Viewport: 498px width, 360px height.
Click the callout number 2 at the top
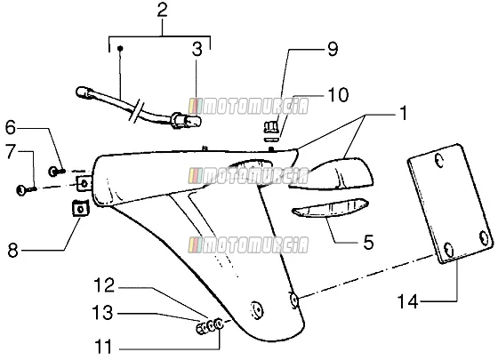162,10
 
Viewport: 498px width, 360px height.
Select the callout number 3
197,49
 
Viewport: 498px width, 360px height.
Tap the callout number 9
333,49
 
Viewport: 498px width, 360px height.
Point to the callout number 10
338,94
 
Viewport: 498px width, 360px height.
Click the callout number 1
403,114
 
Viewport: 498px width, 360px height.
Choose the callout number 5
368,243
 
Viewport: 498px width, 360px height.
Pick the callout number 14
408,301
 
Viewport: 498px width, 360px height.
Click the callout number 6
10,128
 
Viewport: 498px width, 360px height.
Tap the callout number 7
11,152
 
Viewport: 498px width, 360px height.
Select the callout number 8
12,251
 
